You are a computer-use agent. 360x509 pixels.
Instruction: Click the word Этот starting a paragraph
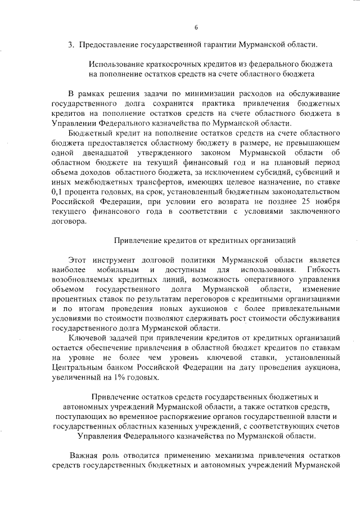coord(78,260)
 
